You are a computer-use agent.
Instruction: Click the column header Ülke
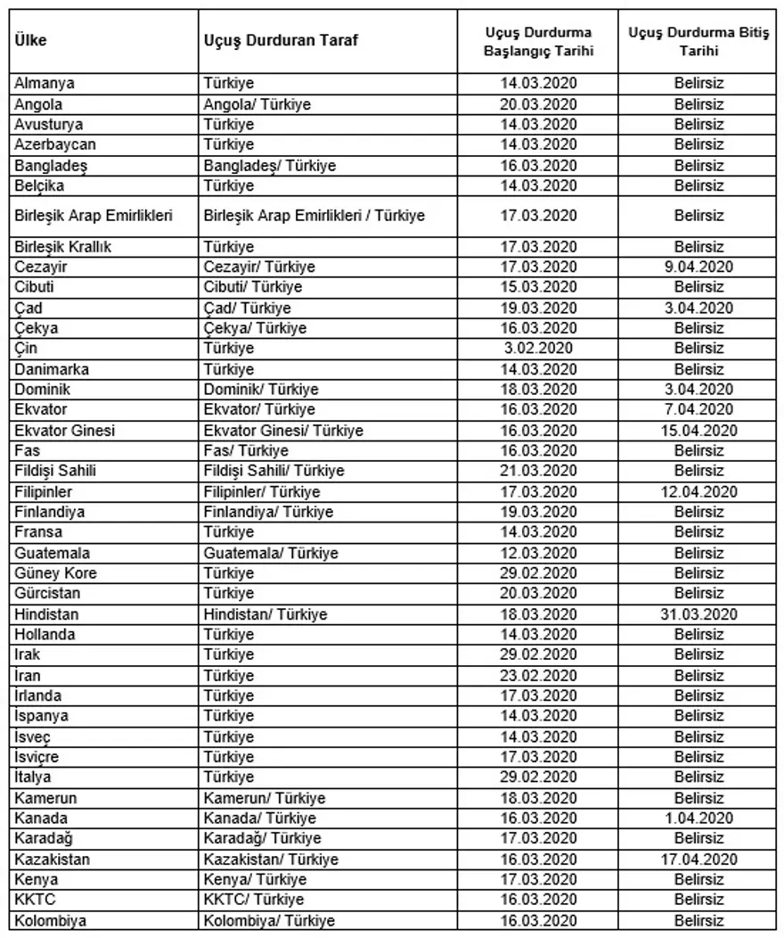tap(31, 42)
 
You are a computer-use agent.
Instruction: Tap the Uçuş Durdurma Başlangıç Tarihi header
tap(538, 42)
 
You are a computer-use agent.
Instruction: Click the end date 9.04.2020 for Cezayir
tap(698, 267)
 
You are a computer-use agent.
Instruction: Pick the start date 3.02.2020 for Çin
tap(538, 349)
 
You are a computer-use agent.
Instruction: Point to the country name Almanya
tap(45, 84)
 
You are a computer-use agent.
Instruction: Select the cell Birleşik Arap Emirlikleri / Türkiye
tap(314, 216)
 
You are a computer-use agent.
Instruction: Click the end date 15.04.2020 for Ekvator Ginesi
tap(698, 431)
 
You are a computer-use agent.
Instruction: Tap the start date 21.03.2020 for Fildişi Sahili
tap(538, 471)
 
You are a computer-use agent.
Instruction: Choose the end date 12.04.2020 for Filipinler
tap(698, 491)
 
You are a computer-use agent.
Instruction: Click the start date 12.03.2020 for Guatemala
tap(538, 553)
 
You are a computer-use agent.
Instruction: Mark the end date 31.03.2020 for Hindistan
tap(698, 614)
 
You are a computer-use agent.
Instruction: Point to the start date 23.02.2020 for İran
tap(538, 675)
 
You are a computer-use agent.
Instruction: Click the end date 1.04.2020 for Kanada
tap(698, 818)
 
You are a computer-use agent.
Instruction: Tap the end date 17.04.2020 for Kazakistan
tap(698, 860)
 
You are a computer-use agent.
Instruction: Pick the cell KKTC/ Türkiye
tap(254, 900)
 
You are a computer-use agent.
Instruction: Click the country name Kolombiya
tap(51, 920)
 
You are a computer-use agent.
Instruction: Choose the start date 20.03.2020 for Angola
tap(538, 104)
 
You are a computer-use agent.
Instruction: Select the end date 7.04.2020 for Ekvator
tap(698, 409)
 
